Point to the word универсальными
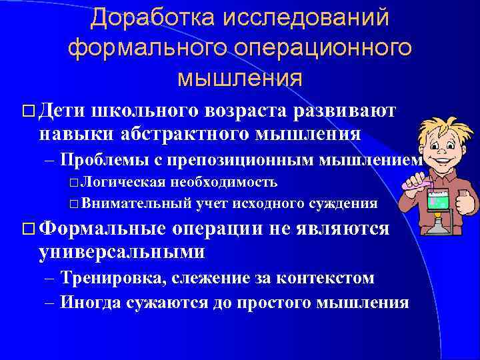(x=122, y=252)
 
